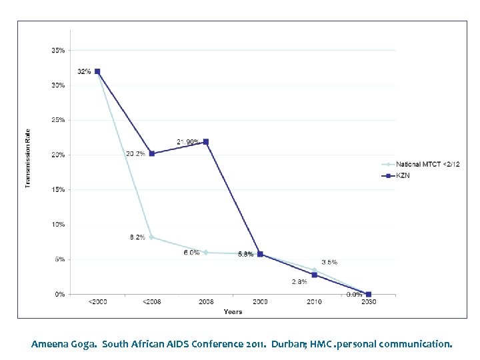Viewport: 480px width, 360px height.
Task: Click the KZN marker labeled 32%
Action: (97, 71)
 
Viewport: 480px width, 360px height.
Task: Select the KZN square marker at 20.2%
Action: (152, 153)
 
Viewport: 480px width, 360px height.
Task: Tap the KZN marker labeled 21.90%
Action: (206, 141)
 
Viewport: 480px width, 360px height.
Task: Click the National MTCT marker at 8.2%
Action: (152, 237)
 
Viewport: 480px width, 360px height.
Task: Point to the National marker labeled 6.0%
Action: (206, 252)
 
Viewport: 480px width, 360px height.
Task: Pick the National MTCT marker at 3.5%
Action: (314, 269)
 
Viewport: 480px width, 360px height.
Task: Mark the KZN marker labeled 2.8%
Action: (314, 275)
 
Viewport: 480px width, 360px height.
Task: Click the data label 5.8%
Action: (245, 255)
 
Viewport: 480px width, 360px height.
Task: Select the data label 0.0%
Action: (354, 294)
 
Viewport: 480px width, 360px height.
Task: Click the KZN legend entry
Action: (402, 175)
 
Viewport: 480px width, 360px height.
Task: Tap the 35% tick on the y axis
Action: (58, 51)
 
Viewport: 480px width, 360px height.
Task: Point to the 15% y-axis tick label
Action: (58, 190)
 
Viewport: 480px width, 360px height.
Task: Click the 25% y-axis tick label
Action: (58, 120)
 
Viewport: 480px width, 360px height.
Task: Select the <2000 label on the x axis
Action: (97, 302)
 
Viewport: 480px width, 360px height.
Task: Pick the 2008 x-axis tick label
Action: (206, 302)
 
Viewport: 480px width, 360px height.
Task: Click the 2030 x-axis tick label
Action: (369, 302)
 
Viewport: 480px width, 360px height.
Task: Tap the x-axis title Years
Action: (233, 311)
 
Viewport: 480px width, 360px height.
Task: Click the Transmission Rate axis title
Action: (28, 158)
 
